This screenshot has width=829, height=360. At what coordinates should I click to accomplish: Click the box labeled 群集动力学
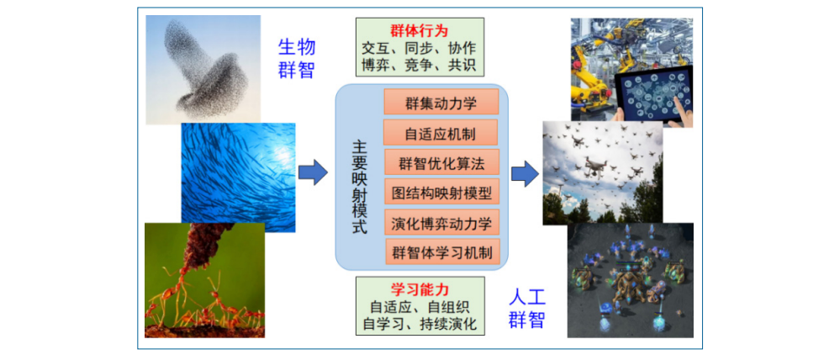pyautogui.click(x=441, y=102)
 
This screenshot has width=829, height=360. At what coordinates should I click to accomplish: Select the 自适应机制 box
pyautogui.click(x=441, y=132)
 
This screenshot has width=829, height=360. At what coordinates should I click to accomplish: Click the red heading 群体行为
pyautogui.click(x=420, y=30)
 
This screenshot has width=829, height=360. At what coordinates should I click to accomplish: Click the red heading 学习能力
pyautogui.click(x=420, y=289)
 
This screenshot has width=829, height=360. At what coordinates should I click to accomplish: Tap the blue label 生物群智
pyautogui.click(x=297, y=58)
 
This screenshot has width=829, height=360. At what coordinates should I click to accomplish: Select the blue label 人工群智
pyautogui.click(x=527, y=309)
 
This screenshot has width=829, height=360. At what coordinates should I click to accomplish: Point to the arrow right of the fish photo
pyautogui.click(x=313, y=173)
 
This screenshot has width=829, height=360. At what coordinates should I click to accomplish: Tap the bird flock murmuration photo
pyautogui.click(x=203, y=69)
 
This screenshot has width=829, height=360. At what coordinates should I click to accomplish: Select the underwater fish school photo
pyautogui.click(x=239, y=177)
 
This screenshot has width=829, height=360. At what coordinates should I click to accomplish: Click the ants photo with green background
pyautogui.click(x=204, y=280)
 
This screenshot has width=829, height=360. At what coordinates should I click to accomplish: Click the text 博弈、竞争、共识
pyautogui.click(x=420, y=65)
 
